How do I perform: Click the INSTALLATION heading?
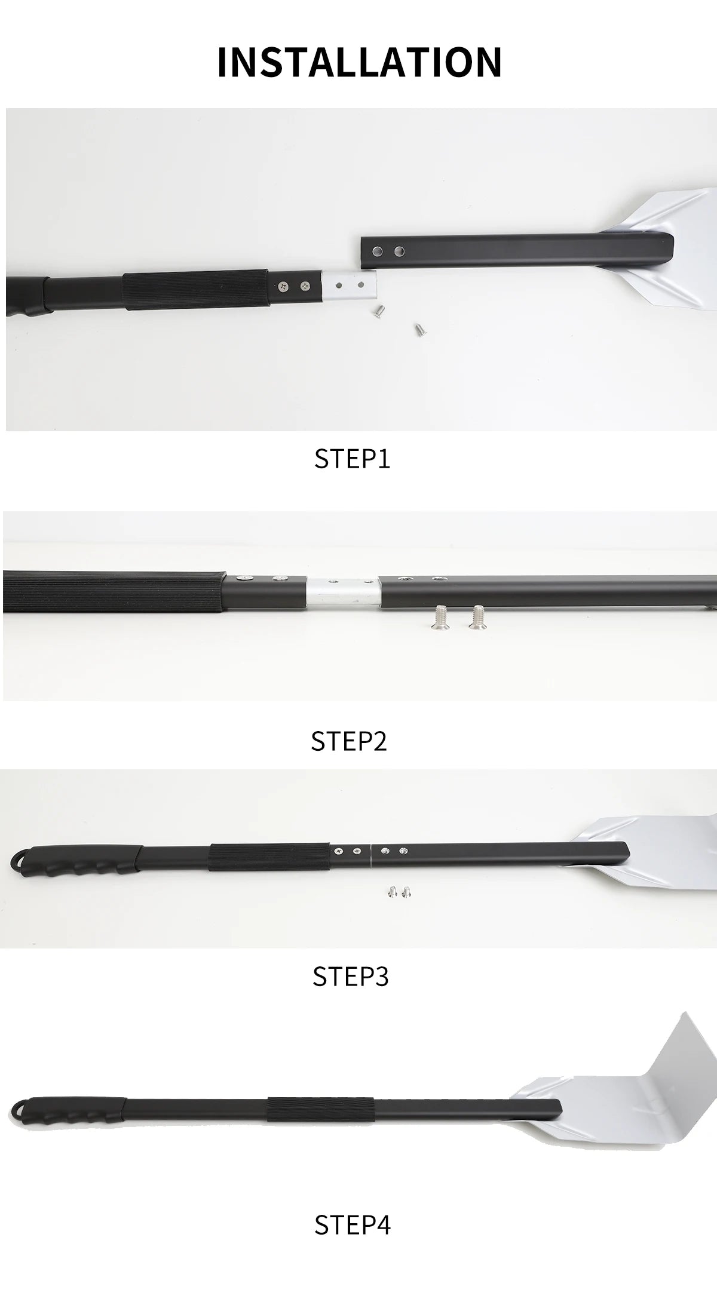tap(359, 62)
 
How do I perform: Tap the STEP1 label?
tap(352, 459)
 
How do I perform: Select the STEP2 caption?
tap(349, 741)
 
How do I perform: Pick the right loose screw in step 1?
tap(418, 328)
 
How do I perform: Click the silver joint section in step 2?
tap(342, 591)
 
